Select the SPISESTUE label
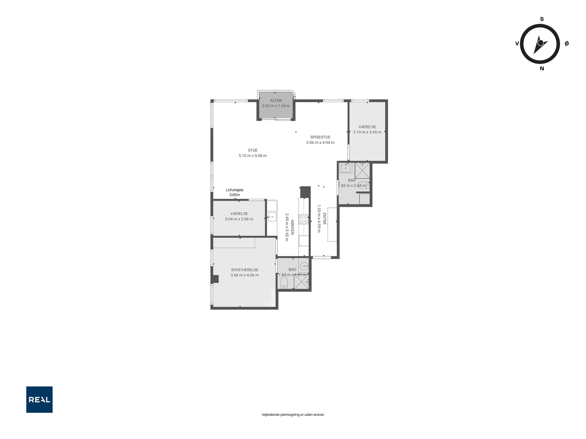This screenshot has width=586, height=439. click(x=320, y=137)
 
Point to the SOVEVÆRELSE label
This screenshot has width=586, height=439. click(x=245, y=270)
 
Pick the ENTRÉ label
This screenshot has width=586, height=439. click(x=325, y=219)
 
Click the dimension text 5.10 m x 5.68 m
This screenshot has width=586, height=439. click(x=253, y=156)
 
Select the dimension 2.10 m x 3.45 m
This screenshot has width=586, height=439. click(x=367, y=132)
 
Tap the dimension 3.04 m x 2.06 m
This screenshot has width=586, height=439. click(x=239, y=219)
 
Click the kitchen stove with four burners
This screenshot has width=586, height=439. click(x=304, y=219)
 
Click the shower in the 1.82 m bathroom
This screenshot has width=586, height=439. click(x=362, y=170)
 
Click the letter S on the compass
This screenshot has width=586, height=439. click(x=542, y=19)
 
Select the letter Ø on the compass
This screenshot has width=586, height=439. click(x=567, y=43)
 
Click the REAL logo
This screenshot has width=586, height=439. click(x=39, y=400)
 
